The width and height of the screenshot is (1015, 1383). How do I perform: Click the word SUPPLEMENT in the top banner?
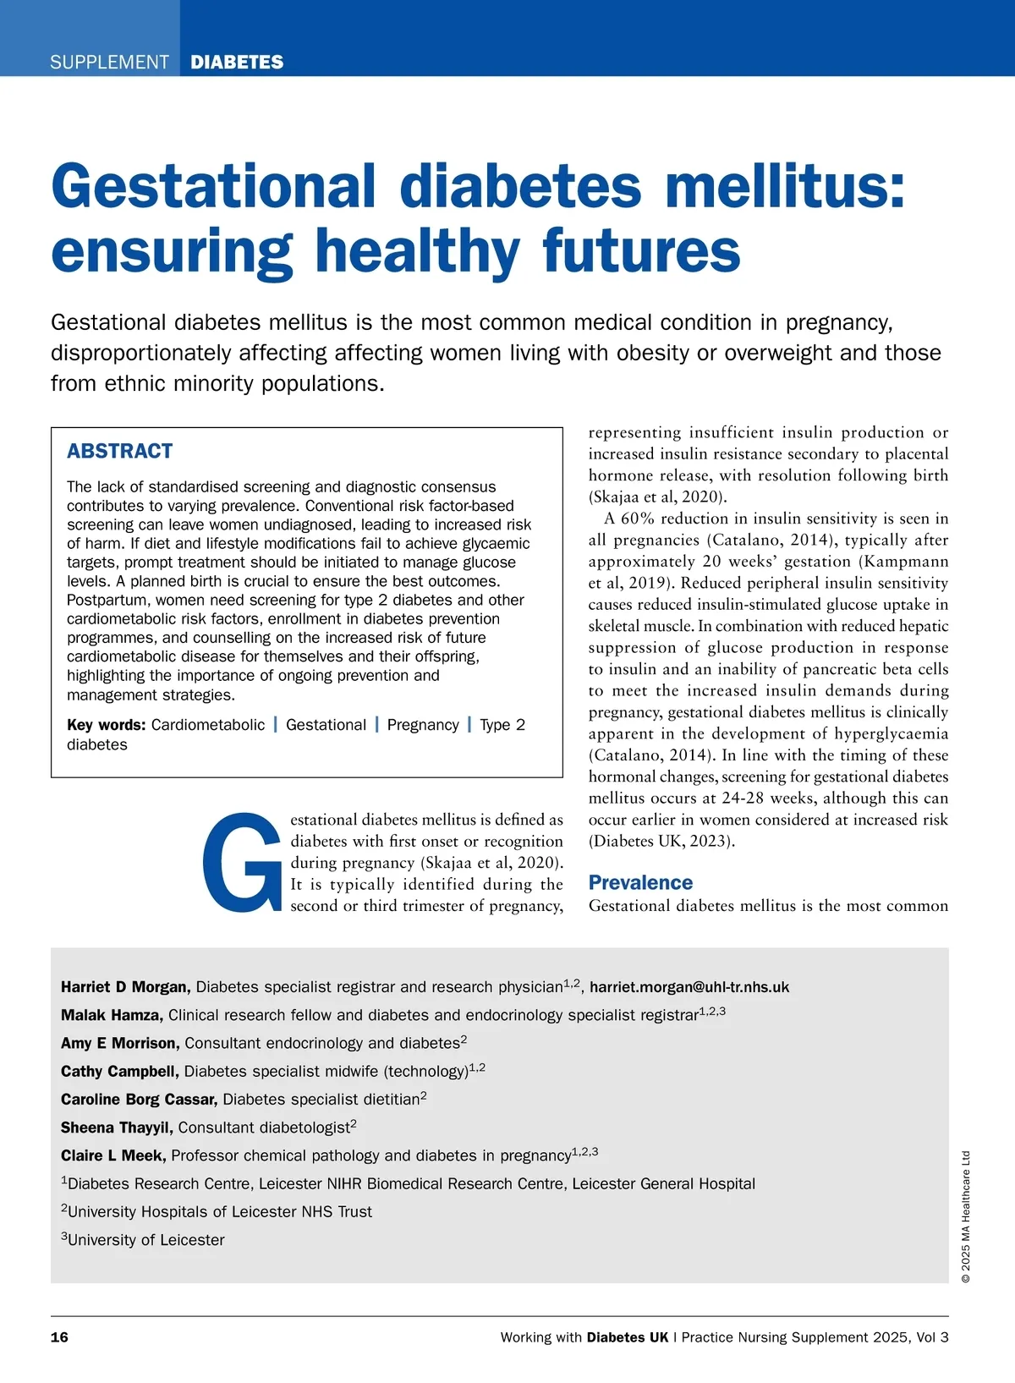109,63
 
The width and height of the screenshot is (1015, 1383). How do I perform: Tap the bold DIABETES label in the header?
237,63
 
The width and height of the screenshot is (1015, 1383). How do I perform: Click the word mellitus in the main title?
785,186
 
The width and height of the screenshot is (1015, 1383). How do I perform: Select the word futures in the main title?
641,251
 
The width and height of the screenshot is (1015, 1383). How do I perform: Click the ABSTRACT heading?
120,451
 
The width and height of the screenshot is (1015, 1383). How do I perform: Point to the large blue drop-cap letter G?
242,862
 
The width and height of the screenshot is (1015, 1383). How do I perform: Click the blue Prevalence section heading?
640,882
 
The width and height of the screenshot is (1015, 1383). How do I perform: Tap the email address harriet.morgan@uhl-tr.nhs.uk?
689,987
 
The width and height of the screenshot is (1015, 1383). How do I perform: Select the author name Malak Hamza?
111,1015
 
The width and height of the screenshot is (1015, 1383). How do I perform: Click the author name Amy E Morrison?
119,1043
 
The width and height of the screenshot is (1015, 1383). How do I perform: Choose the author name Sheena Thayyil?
117,1128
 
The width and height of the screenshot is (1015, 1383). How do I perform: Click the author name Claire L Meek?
113,1155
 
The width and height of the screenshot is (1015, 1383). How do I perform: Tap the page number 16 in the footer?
59,1337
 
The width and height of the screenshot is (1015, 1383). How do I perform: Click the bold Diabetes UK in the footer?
627,1337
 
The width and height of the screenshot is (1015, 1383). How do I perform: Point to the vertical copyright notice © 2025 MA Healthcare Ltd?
966,1216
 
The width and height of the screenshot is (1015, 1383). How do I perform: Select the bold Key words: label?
107,725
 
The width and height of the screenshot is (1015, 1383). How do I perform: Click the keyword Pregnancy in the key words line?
423,725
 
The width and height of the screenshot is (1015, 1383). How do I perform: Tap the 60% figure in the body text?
638,519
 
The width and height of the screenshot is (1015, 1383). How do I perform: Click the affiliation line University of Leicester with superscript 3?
144,1240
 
